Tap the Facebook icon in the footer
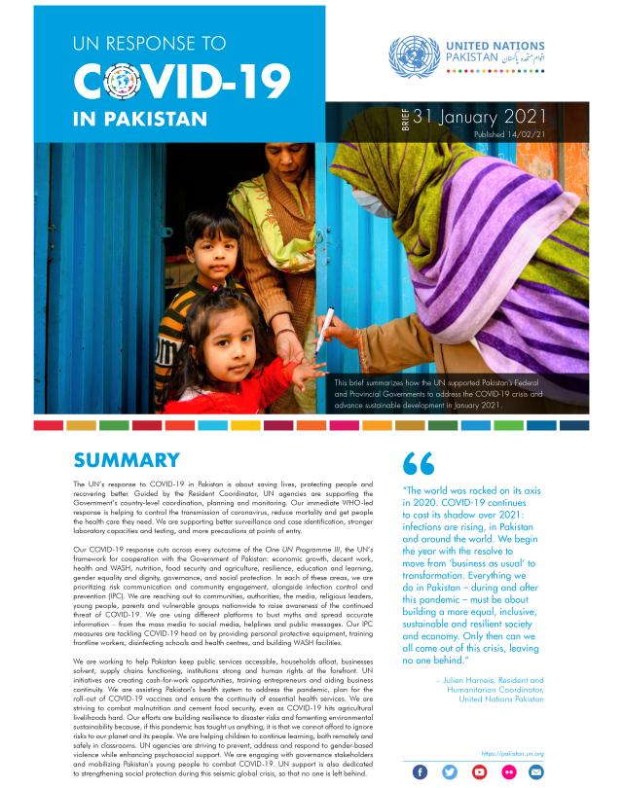421,771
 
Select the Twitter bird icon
449,771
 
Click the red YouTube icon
479,771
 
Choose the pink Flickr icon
507,771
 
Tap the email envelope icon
536,771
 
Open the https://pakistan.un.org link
512,753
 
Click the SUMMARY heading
127,460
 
